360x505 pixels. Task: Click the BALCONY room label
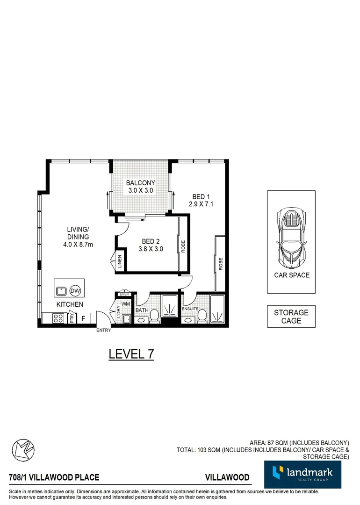141,183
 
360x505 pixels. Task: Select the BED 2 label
151,242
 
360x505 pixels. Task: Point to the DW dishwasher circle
75,291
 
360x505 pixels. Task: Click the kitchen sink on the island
61,291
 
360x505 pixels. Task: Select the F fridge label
84,318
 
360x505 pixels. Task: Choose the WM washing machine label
125,304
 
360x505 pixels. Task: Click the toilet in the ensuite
202,317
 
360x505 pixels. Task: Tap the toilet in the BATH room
154,318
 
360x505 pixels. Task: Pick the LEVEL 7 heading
131,354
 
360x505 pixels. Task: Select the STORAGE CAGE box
291,317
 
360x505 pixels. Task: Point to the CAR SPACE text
292,275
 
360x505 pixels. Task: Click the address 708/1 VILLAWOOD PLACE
54,477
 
